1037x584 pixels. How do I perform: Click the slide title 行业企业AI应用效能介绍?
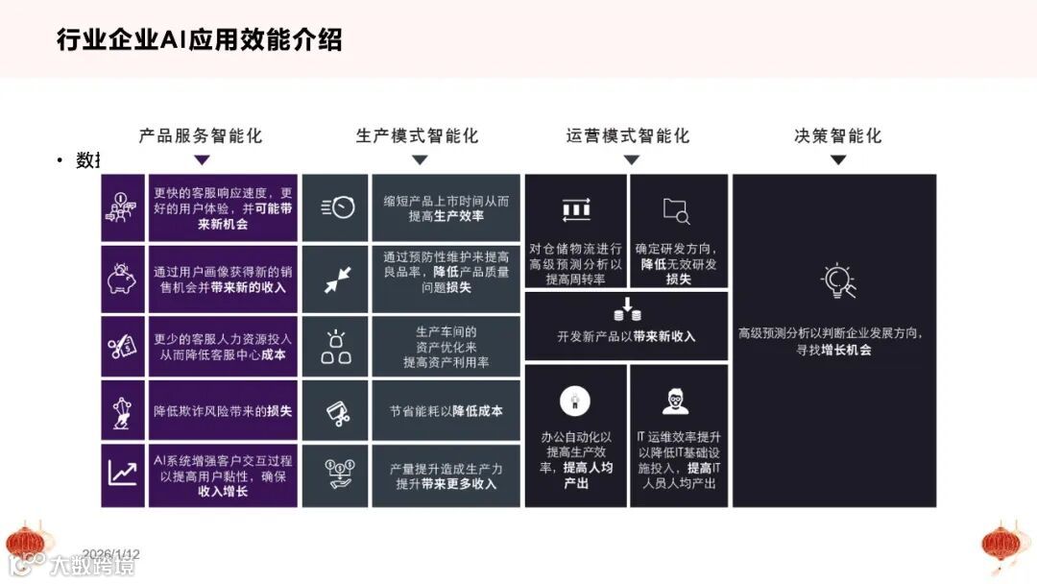[200, 40]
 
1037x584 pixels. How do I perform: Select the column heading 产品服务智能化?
[201, 135]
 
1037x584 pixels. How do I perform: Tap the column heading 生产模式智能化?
[417, 135]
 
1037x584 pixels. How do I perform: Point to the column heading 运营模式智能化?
[628, 135]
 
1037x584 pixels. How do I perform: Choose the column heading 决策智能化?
[838, 135]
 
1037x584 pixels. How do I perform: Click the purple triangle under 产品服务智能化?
[202, 160]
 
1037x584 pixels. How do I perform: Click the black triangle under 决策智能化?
[838, 160]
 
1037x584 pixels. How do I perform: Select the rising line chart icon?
[122, 474]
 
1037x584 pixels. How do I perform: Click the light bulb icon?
[837, 280]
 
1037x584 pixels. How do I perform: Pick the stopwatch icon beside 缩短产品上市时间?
[336, 207]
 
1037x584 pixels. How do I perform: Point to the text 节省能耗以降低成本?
[446, 411]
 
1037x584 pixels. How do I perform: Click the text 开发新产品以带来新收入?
[626, 337]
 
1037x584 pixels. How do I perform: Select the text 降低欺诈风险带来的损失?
[223, 411]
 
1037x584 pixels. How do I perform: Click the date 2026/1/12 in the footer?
[111, 554]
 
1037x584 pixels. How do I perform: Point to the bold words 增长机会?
[846, 351]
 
